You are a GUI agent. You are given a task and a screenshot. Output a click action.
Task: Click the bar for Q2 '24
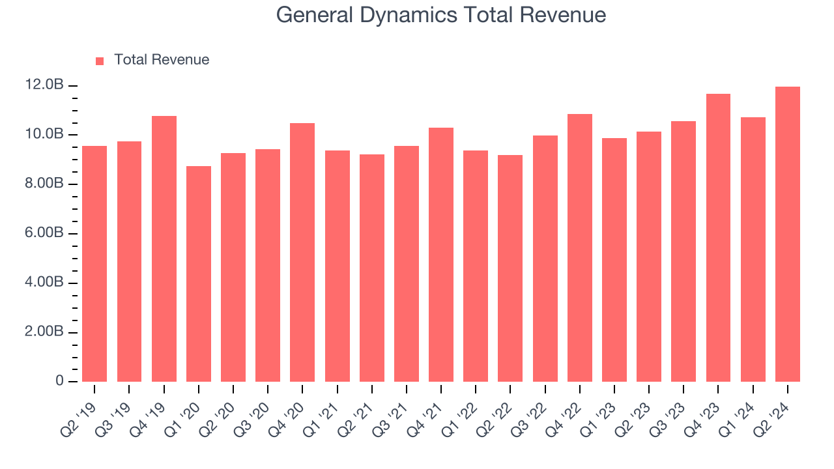(x=787, y=234)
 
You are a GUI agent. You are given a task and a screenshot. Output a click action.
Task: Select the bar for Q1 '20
(x=198, y=274)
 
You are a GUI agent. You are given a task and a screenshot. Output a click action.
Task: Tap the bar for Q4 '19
(x=164, y=249)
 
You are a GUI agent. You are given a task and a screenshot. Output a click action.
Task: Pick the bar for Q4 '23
(x=718, y=238)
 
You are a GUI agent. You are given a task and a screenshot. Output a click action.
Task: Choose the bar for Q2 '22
(x=510, y=268)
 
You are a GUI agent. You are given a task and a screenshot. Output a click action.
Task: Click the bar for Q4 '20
(x=302, y=253)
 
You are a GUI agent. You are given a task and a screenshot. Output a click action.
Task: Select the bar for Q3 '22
(x=545, y=259)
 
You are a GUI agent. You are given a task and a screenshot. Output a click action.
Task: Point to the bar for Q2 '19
(x=94, y=264)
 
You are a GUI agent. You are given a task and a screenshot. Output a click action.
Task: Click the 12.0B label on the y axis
(x=44, y=85)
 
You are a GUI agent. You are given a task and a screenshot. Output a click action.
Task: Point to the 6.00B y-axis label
(x=44, y=233)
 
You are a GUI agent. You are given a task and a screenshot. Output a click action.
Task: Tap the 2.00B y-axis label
(x=44, y=332)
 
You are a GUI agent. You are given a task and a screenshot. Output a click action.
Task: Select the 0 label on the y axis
(x=59, y=381)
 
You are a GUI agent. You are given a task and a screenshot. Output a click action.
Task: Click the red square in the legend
(x=100, y=61)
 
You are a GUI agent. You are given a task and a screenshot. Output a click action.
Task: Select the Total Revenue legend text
(x=162, y=60)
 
